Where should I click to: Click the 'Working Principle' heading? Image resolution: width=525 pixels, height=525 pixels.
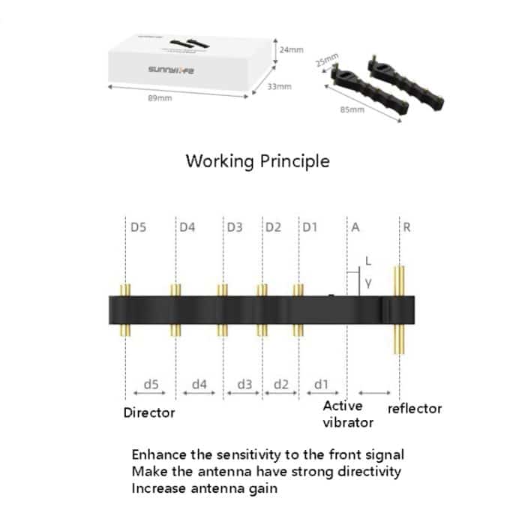coord(257,161)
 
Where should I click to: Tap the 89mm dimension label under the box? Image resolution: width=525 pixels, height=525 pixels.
coord(157,100)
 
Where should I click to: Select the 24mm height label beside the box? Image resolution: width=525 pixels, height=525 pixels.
coord(291,49)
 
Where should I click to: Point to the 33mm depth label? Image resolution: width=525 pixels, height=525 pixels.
coord(279,87)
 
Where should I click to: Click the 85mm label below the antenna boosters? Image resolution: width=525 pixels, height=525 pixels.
coord(352,109)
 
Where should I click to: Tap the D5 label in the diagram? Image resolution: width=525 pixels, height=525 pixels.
coord(139,226)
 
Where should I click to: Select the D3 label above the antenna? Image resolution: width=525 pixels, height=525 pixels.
coord(235,226)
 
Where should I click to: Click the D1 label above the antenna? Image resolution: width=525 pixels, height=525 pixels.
coord(310,226)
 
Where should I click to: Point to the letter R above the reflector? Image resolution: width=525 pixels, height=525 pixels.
coord(406,226)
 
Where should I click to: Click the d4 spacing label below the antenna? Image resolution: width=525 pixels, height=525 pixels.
coord(199,384)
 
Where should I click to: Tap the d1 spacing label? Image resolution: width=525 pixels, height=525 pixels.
coord(321,384)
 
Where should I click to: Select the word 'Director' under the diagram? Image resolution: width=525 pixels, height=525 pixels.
coord(149,412)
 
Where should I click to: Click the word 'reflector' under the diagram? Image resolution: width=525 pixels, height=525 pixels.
coord(414,409)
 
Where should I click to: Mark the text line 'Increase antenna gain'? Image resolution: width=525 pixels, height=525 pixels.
coord(204,488)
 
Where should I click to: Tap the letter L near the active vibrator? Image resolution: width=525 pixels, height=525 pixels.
coord(367,260)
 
